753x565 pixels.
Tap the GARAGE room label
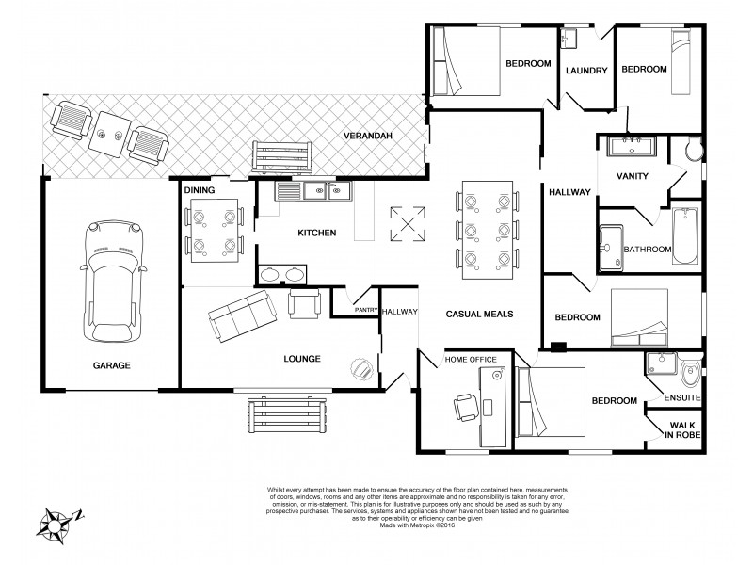[x=111, y=364]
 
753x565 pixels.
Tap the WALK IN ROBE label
[x=682, y=431]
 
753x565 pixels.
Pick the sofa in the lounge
[x=238, y=315]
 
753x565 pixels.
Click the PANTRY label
[x=365, y=309]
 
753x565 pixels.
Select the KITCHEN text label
[x=316, y=233]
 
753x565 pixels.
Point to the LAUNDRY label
[x=585, y=70]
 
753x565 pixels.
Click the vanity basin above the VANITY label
[x=631, y=146]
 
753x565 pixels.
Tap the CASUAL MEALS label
[x=478, y=315]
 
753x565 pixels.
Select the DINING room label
[x=200, y=190]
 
